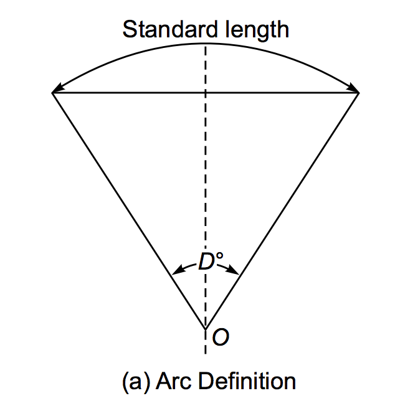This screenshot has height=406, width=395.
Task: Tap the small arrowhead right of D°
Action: coord(235,270)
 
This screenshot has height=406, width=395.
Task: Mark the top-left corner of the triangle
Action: coord(52,93)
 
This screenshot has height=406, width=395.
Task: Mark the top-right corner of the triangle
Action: coord(359,93)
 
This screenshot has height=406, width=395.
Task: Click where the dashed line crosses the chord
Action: coord(206,93)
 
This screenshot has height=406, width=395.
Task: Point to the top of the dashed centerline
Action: coord(206,45)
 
